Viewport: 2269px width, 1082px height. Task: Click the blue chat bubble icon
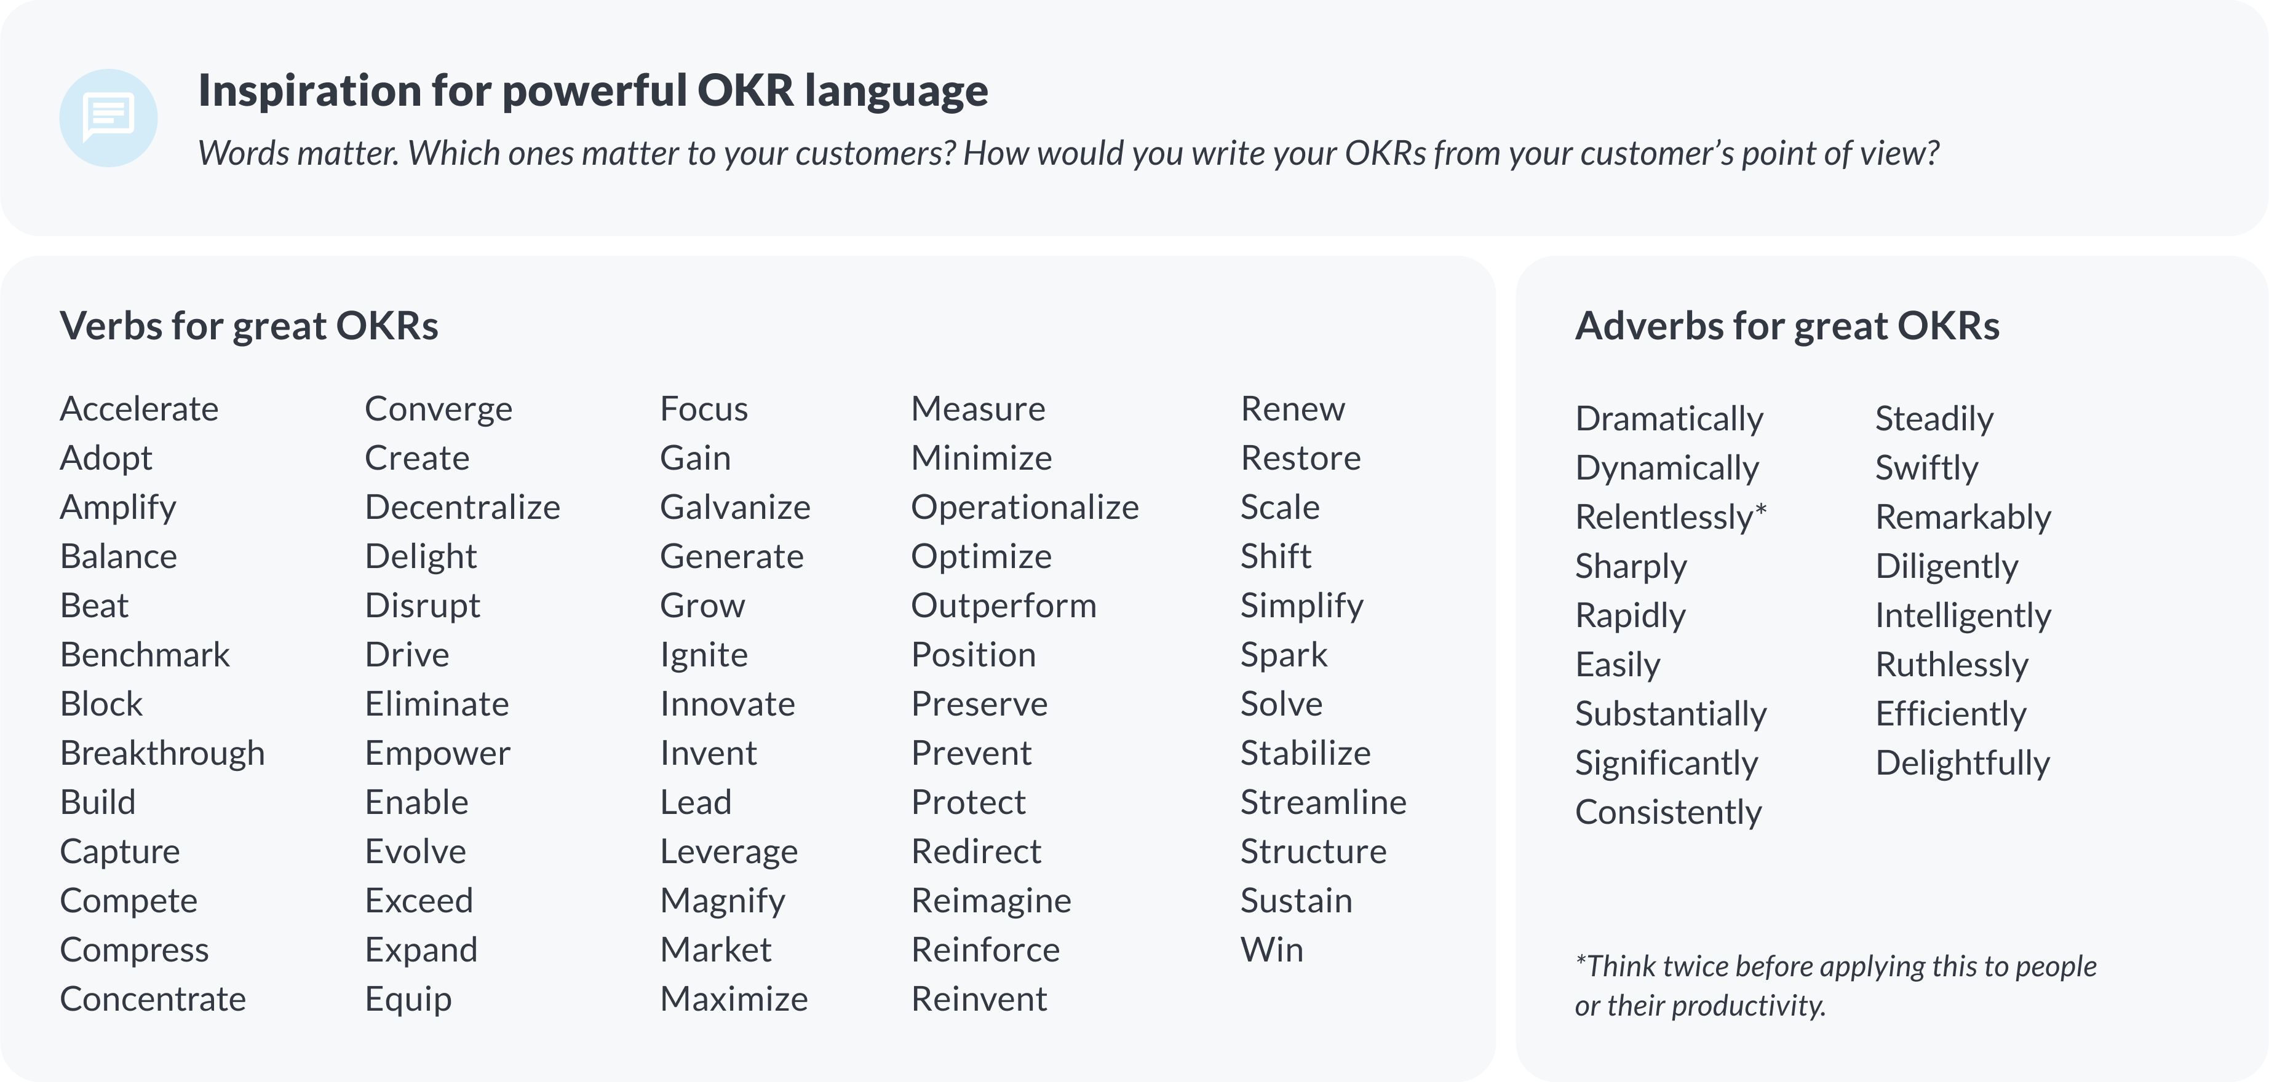pos(108,118)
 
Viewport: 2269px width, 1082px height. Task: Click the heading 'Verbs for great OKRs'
pos(248,326)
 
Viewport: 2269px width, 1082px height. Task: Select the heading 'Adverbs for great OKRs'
pos(1787,326)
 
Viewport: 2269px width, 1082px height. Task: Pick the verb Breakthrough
pos(162,754)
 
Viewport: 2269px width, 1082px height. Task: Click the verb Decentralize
pos(463,507)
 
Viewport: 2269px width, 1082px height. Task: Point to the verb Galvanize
pos(736,507)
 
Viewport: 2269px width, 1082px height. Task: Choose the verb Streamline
pos(1323,802)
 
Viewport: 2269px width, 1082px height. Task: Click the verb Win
pos(1272,950)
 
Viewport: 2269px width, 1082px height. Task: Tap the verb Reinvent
pos(979,999)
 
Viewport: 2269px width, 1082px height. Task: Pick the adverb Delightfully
pos(1963,764)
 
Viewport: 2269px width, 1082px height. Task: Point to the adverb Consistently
pos(1668,813)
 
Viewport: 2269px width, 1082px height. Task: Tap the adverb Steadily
pos(1934,420)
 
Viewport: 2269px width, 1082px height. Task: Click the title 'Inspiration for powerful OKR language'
pos(593,92)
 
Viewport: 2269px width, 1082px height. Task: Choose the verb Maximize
pos(734,999)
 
